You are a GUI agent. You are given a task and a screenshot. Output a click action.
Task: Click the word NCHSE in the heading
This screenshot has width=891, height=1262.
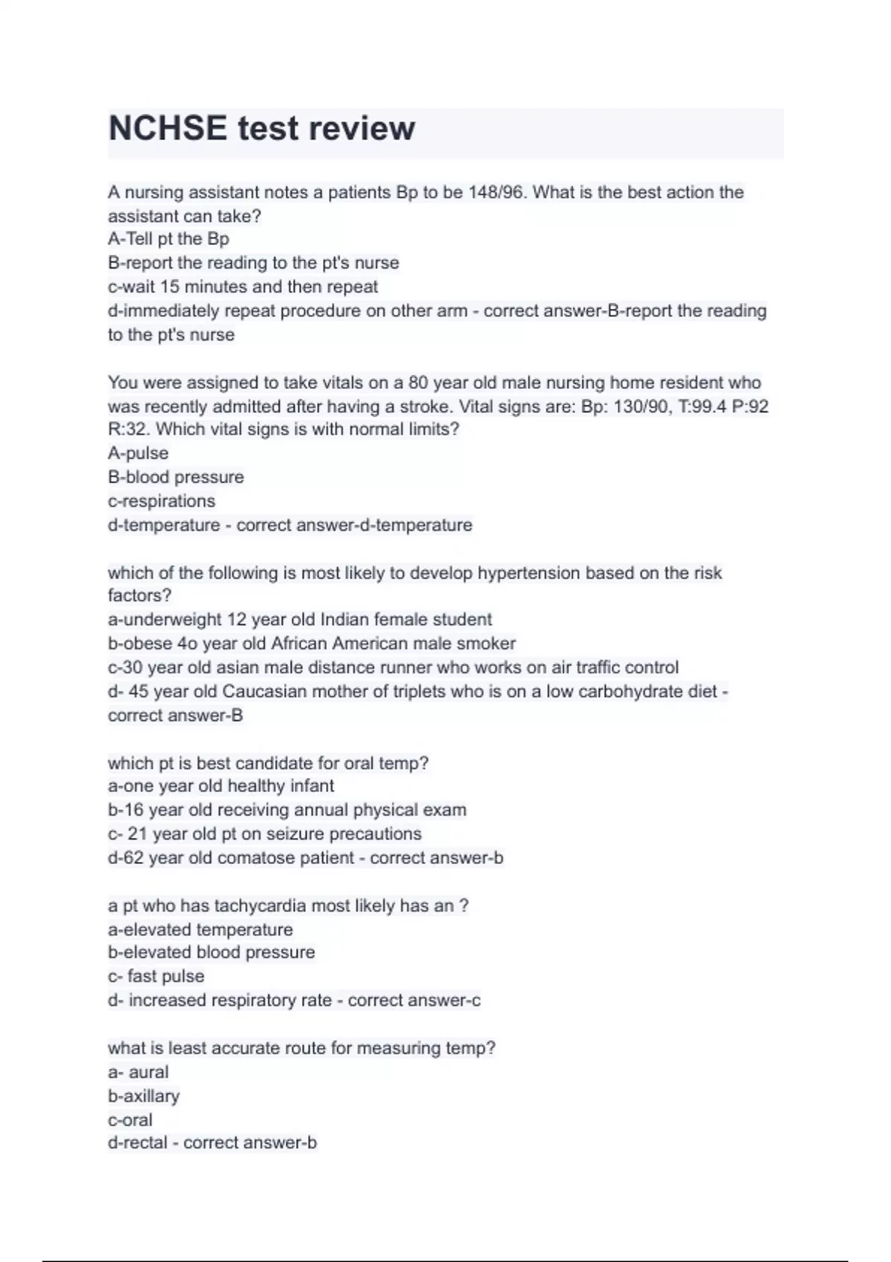168,128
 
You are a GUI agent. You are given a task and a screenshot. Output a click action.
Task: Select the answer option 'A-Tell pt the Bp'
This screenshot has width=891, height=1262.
169,239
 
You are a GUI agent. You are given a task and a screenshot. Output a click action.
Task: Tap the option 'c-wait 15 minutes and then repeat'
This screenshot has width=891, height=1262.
243,287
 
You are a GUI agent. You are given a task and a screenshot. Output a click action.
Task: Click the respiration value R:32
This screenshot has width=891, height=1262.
127,429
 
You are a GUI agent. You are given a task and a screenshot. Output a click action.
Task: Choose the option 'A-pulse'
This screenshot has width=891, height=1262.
138,454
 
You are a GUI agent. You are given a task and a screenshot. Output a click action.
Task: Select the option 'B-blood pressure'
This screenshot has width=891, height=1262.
176,477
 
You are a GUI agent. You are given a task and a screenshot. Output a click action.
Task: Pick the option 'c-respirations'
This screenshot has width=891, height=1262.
161,501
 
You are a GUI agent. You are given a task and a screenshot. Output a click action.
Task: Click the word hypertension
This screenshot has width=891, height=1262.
529,573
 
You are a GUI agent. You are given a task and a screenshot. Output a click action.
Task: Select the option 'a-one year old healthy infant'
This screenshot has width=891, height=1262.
221,786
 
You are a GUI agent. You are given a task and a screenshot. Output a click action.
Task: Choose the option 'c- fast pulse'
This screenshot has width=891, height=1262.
156,977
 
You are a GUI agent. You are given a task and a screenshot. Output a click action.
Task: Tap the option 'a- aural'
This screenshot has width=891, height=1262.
138,1073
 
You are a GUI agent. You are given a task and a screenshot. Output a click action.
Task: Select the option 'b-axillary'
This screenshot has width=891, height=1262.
143,1096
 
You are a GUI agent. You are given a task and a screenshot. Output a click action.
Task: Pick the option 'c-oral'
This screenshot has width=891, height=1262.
130,1120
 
